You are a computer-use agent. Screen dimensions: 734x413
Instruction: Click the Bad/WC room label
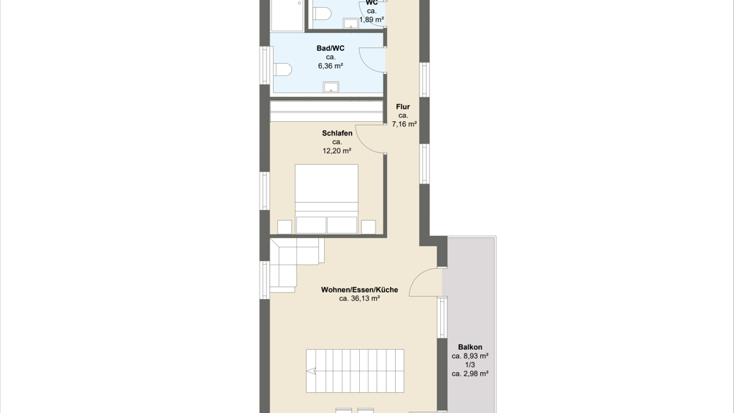[x=330, y=48]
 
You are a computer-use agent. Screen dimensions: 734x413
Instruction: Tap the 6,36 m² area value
[x=330, y=66]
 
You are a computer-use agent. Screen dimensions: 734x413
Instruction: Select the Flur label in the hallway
[x=403, y=107]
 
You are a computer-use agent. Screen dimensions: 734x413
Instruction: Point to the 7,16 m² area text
[x=404, y=124]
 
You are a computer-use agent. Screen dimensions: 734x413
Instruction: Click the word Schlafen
[x=337, y=133]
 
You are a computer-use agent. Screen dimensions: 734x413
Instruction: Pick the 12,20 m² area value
[x=337, y=151]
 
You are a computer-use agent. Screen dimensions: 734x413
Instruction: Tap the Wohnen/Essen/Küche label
[x=360, y=290]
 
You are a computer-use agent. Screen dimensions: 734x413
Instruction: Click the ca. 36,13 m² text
[x=360, y=298]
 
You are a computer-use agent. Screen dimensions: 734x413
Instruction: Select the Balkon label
[x=470, y=347]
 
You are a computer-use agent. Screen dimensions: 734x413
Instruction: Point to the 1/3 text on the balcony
[x=470, y=365]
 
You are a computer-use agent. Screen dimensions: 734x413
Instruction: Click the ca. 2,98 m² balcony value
[x=470, y=374]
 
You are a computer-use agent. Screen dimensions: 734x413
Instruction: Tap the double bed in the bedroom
[x=326, y=199]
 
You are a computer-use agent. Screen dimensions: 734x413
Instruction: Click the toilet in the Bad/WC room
[x=282, y=70]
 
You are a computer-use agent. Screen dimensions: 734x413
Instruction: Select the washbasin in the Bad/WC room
[x=331, y=87]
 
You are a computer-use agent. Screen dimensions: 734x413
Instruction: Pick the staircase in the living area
[x=355, y=371]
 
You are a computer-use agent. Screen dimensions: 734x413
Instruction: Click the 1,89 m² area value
[x=372, y=19]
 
